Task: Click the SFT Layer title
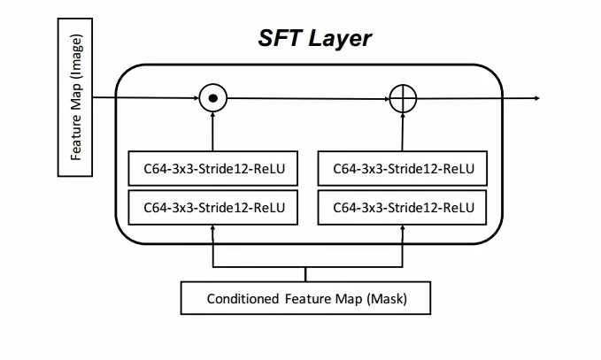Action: pyautogui.click(x=314, y=38)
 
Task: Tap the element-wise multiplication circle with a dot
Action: pyautogui.click(x=212, y=97)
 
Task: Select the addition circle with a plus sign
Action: pyautogui.click(x=403, y=97)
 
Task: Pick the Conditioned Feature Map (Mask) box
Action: pyautogui.click(x=306, y=298)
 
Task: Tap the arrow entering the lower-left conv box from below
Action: pyautogui.click(x=212, y=243)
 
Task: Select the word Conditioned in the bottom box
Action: pyautogui.click(x=243, y=298)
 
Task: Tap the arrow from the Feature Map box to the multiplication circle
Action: pyautogui.click(x=146, y=97)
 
